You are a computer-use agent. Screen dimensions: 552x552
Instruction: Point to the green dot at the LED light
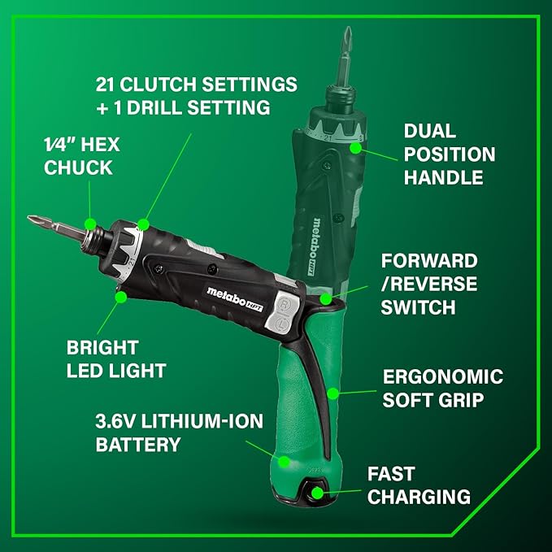(x=120, y=298)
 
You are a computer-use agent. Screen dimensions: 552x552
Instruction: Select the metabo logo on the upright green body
(x=319, y=235)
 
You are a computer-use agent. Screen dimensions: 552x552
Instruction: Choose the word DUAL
(x=429, y=132)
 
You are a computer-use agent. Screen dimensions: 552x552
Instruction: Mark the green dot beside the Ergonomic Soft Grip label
(x=333, y=393)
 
